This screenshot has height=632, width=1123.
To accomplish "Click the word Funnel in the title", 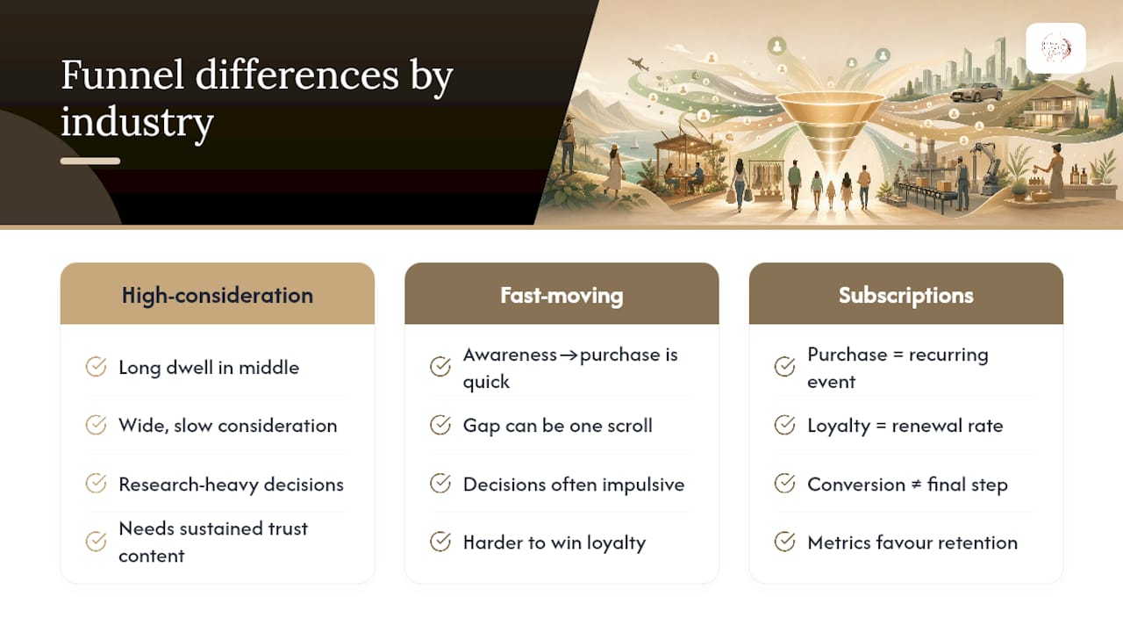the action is tap(122, 75).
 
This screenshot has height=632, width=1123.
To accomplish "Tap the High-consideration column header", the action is tap(217, 296).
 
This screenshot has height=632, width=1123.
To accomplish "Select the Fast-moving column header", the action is tap(561, 296).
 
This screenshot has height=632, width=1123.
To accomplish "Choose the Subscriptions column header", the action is tap(906, 296).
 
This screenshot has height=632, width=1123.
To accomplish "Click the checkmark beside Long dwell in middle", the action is tap(96, 367).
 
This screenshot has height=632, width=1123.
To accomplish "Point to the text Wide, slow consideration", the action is tap(227, 426).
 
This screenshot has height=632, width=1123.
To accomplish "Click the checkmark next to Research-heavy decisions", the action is tap(96, 484).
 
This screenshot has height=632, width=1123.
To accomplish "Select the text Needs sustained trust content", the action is tap(213, 542).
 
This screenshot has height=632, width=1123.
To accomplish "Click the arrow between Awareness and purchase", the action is tap(568, 355).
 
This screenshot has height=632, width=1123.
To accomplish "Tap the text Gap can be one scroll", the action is tap(557, 426).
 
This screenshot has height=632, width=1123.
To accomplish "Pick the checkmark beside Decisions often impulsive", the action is tap(440, 484).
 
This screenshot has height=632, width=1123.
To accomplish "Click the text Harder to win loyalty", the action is tap(554, 542).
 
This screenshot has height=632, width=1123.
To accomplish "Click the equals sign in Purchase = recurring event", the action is tap(898, 355).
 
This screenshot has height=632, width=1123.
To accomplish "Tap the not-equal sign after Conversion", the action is tap(916, 485).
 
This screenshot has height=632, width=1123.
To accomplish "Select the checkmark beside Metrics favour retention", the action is tap(784, 542).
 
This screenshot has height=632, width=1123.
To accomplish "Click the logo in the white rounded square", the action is tap(1055, 48).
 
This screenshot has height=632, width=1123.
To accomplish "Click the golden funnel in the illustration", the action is tap(831, 126).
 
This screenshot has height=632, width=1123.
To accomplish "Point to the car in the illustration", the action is tap(976, 92).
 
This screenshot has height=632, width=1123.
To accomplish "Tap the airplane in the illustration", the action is tap(638, 64).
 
